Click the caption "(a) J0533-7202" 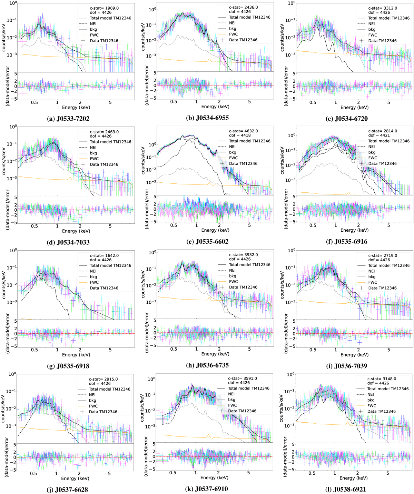pos(68,119)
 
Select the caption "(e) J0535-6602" pos(207,242)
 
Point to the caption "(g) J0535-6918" pos(68,366)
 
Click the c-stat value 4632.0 pos(251,131)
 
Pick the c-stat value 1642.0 pos(112,255)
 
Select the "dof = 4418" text pos(240,135)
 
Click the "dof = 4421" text pos(379,135)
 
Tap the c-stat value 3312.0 pos(390,8)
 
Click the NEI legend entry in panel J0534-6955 pos(232,23)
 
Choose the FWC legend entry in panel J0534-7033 pos(94,159)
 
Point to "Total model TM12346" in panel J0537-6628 pos(109,389)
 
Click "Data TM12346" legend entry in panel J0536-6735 pos(243,287)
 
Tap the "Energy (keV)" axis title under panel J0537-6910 pos(214,477)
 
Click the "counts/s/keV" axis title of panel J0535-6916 pos(282,161)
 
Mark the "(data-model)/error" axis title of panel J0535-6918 pos(7,334)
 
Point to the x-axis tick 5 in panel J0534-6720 pos(389,102)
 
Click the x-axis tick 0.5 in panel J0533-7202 pos(34,102)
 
